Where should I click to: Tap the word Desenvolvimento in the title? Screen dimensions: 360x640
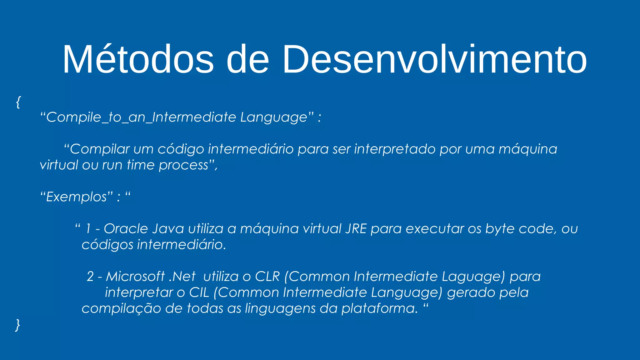point(434,59)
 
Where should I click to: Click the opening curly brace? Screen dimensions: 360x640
point(18,102)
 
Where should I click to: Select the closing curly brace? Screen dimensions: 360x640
point(18,325)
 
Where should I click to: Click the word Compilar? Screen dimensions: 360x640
point(100,149)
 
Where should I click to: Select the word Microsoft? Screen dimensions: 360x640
point(135,277)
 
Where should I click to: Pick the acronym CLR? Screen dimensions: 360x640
point(267,277)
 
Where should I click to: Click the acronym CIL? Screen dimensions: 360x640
point(199,292)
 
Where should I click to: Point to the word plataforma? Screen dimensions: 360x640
point(379,308)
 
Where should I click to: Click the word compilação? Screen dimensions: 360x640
point(121,308)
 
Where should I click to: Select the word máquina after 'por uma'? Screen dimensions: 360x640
point(527,149)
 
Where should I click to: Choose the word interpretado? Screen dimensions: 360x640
point(395,149)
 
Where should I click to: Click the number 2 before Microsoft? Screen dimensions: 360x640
point(90,277)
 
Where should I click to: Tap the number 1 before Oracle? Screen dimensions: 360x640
point(88,229)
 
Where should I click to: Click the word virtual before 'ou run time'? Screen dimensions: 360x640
point(59,165)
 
